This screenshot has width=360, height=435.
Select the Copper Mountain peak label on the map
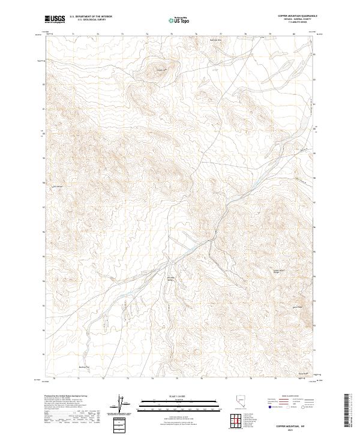(x=160, y=70)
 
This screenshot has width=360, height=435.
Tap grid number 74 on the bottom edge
(x=152, y=379)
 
